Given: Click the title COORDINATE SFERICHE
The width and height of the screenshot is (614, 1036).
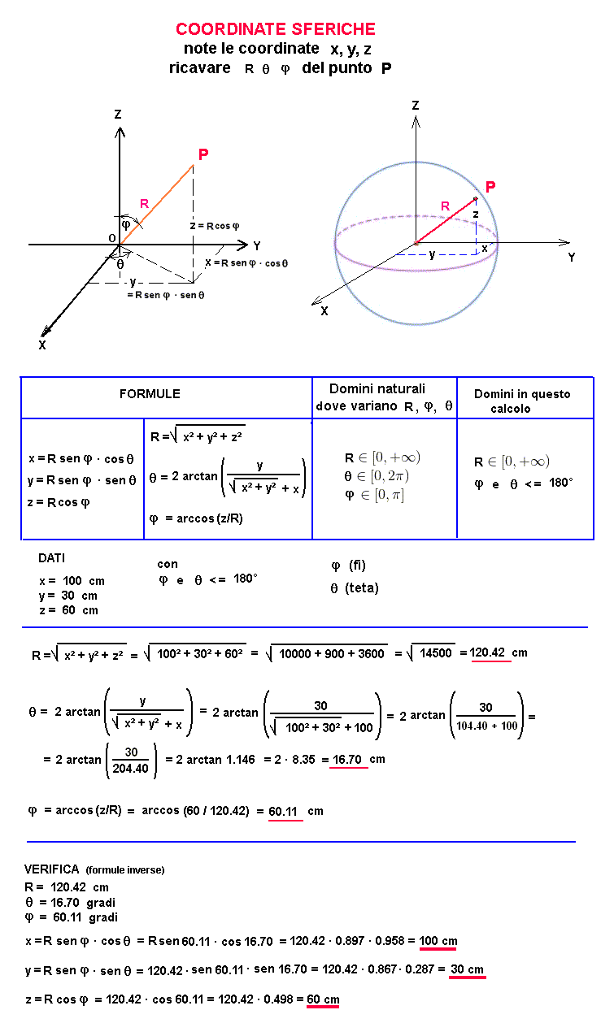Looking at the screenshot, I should click(x=276, y=30).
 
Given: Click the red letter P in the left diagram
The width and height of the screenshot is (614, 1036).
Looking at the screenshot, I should click(x=203, y=154).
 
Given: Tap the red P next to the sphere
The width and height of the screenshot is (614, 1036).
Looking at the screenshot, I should click(x=490, y=187).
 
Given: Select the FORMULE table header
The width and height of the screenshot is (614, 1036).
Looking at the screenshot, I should click(x=150, y=394).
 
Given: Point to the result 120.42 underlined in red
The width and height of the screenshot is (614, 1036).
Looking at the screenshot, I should click(x=490, y=652).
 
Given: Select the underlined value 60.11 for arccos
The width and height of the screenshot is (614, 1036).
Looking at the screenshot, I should click(x=285, y=811).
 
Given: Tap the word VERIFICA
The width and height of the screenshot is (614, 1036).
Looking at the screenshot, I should click(x=51, y=869).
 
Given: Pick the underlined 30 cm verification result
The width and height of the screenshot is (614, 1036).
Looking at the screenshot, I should click(x=467, y=969).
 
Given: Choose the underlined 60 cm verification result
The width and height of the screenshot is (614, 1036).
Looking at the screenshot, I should click(x=323, y=999).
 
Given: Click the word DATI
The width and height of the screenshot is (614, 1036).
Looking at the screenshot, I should click(x=51, y=558).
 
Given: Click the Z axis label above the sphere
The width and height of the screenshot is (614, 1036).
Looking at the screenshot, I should click(x=416, y=106).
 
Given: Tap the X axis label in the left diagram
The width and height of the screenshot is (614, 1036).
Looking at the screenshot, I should click(x=42, y=345).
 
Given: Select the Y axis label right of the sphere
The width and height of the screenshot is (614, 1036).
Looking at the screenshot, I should click(x=572, y=257).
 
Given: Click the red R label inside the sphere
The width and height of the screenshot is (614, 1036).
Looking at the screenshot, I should click(x=445, y=206).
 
